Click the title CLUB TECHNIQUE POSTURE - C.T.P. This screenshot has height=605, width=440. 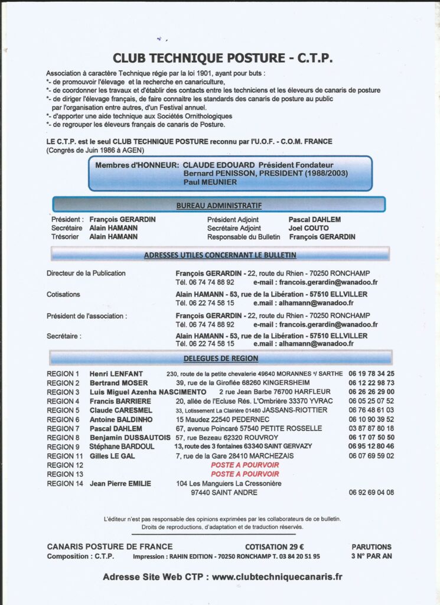pyautogui.click(x=222, y=58)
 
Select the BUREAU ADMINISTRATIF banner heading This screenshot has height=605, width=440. pyautogui.click(x=219, y=206)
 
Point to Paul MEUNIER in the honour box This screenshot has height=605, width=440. pyautogui.click(x=210, y=183)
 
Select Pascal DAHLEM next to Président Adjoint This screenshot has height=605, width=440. pyautogui.click(x=314, y=219)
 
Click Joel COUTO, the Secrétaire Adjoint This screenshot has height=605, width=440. pyautogui.click(x=309, y=228)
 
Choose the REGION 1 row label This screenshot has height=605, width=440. pyautogui.click(x=63, y=374)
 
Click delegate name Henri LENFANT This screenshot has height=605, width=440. pyautogui.click(x=116, y=374)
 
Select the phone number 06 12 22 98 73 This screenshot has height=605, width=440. pyautogui.click(x=371, y=383)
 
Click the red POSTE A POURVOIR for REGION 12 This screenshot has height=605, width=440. pyautogui.click(x=245, y=465)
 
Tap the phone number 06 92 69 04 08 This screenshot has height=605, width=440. pyautogui.click(x=371, y=492)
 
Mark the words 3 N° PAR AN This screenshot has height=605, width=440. pyautogui.click(x=371, y=557)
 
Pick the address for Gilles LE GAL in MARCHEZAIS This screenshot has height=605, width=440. pyautogui.click(x=234, y=456)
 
